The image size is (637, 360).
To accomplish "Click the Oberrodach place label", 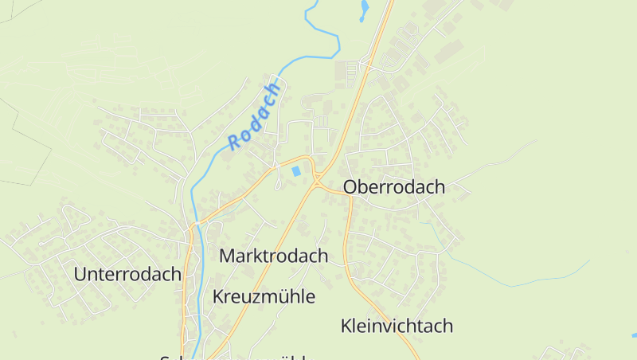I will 394,187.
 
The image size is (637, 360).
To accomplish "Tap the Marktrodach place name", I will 273,256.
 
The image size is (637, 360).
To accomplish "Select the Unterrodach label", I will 127,274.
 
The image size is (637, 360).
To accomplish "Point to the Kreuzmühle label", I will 264,297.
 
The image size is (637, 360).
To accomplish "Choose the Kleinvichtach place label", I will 397,326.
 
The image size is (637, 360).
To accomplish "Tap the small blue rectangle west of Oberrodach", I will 297,170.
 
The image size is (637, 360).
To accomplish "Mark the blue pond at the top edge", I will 365,9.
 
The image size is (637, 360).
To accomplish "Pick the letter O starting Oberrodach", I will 350,187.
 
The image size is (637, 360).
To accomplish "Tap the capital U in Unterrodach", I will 80,274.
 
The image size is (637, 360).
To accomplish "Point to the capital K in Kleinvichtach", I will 346,326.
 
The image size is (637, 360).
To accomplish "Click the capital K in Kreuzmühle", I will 218,297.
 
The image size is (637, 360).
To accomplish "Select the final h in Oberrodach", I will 440,187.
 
